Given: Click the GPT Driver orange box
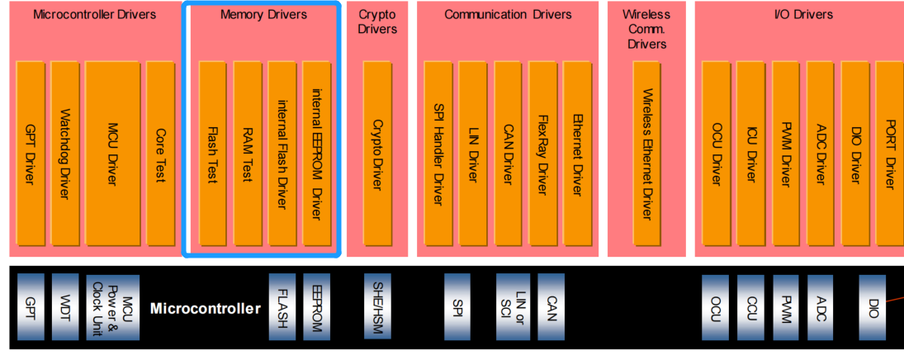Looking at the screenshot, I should click(30, 153).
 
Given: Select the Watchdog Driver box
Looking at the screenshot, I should click(64, 153).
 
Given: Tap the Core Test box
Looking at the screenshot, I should click(160, 153).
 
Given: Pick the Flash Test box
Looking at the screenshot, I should click(212, 153).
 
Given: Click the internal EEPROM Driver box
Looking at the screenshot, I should click(316, 153).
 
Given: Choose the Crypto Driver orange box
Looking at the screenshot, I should click(377, 153).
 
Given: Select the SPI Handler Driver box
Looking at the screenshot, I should click(438, 153).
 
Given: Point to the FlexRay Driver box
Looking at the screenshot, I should click(542, 153).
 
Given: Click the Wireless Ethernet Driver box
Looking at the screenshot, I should click(647, 153).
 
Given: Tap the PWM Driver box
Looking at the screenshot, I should click(786, 153).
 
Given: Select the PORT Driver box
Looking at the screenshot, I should click(888, 153).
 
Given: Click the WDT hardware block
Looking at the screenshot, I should click(65, 307).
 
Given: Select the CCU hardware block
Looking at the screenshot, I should click(751, 307).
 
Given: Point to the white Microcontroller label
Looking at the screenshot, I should click(205, 310).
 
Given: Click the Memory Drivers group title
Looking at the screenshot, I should click(263, 15).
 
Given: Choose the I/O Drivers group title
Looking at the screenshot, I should click(792, 15).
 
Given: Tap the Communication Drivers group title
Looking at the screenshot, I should click(508, 15).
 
